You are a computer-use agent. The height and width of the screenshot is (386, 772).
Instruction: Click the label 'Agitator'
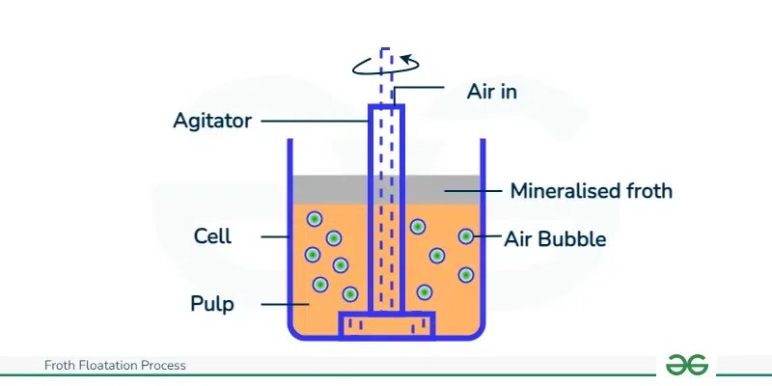coord(211,122)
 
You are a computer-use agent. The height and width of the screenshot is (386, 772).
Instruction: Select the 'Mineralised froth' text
coord(591,191)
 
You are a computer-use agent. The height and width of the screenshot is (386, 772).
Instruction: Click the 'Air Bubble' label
coord(555,238)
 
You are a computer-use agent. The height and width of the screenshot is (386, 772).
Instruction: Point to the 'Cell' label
coord(212,236)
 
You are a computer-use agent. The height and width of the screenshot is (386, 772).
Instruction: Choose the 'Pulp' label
coord(212,305)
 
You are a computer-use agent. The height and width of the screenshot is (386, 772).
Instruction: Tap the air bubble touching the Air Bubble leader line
coord(466,236)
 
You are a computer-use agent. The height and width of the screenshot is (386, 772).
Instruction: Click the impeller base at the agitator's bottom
coord(387,325)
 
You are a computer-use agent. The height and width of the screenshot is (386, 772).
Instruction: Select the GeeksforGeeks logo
coord(687,365)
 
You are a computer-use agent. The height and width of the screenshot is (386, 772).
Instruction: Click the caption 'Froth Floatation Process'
coord(115,366)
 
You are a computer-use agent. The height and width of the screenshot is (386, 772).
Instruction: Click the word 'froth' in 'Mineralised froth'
coord(648,191)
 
